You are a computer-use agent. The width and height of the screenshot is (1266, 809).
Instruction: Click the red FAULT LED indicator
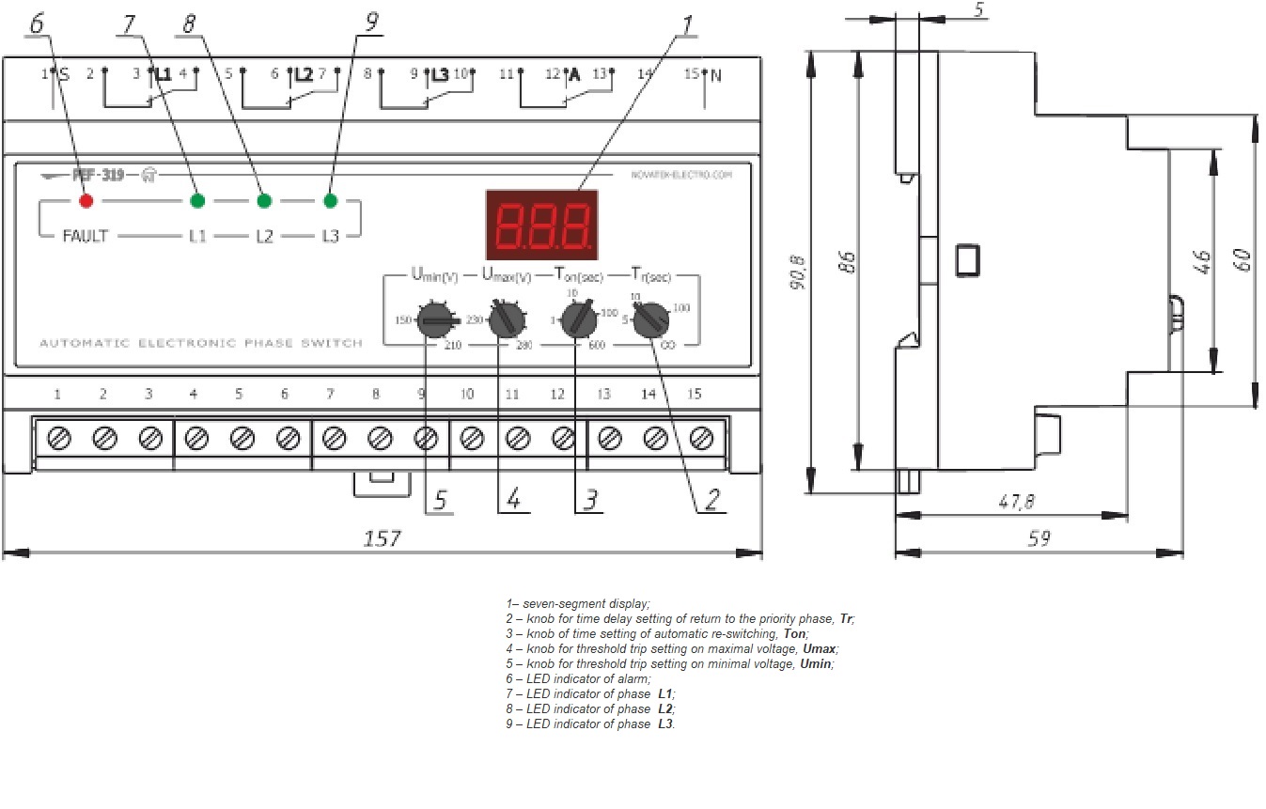click(86, 200)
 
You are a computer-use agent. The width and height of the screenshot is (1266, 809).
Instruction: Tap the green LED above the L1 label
click(197, 200)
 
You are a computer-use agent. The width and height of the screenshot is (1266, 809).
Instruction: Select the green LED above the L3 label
click(330, 200)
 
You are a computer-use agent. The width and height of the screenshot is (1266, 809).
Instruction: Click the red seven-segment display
click(542, 226)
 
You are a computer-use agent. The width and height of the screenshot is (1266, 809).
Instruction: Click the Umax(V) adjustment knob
click(508, 319)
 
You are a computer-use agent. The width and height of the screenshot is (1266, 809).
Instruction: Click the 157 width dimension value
click(382, 539)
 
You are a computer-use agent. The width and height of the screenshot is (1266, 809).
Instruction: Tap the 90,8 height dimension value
click(798, 272)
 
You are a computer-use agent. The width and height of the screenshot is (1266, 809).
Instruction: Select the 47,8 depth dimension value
click(1015, 503)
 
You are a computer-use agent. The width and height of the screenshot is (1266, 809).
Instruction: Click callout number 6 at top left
click(36, 23)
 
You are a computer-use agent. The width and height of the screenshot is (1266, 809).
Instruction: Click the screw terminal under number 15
click(701, 437)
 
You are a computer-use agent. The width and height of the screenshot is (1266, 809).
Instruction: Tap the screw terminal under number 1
click(58, 437)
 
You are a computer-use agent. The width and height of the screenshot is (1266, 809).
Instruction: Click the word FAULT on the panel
click(85, 236)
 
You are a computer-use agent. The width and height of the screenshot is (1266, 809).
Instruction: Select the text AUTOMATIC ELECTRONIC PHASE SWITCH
click(200, 344)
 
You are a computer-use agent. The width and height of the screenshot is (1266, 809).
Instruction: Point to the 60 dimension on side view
click(1244, 260)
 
